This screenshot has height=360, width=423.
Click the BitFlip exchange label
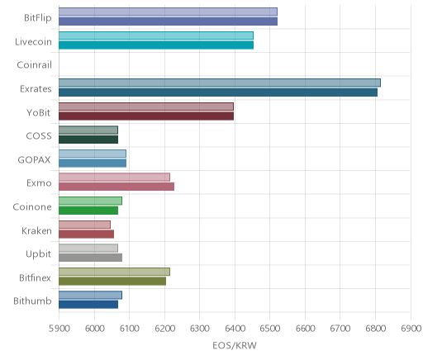click(38, 18)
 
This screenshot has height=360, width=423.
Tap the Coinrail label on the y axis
click(34, 65)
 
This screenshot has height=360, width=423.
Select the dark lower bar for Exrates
click(218, 92)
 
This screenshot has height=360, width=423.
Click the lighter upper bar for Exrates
click(220, 83)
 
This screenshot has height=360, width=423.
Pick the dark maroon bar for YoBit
click(146, 116)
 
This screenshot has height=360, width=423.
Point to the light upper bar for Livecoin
click(156, 36)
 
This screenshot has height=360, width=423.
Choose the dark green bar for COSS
click(88, 140)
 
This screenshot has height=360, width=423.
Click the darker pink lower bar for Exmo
click(116, 187)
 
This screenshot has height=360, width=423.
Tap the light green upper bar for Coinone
click(90, 201)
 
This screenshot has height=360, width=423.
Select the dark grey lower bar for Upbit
click(91, 258)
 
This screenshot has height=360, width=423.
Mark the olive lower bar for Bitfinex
click(112, 282)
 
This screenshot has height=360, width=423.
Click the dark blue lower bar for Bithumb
click(88, 305)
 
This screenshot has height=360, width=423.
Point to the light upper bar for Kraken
click(84, 225)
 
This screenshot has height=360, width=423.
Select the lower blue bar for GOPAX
click(93, 163)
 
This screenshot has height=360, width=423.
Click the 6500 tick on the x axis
click(270, 329)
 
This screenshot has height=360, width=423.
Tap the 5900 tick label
click(59, 329)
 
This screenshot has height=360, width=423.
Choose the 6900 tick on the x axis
click(411, 329)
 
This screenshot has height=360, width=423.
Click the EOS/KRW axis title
click(235, 345)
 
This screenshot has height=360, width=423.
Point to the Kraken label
click(36, 230)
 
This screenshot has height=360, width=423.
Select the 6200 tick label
click(164, 329)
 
